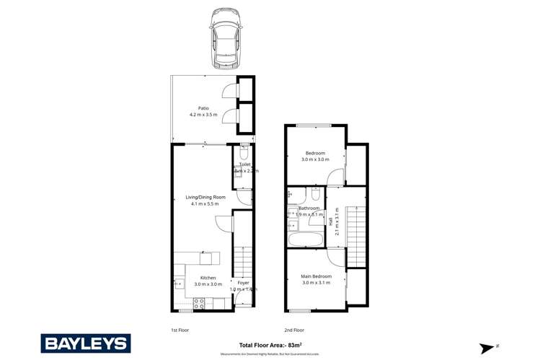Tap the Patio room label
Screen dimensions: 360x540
tap(194, 108)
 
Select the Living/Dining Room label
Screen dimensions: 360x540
tap(205, 197)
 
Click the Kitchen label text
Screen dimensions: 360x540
tap(208, 278)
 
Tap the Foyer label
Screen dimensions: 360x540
tap(243, 283)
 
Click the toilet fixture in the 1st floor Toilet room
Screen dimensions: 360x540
tap(243, 154)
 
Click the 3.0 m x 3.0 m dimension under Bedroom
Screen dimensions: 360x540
tap(315, 159)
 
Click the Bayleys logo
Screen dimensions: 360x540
tap(86, 343)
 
